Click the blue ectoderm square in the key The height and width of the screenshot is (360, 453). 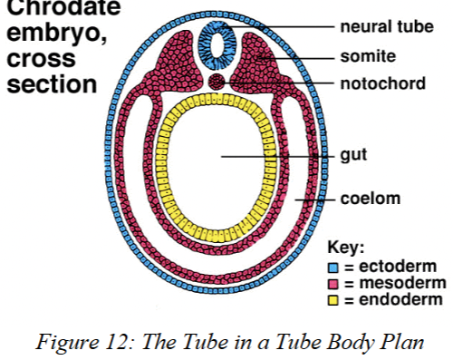tap(332, 267)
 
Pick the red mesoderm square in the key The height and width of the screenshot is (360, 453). tap(332, 283)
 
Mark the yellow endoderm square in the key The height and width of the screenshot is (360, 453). tap(332, 299)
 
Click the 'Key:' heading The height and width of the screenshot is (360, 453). tap(345, 248)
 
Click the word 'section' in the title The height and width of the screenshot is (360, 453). tap(51, 83)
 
